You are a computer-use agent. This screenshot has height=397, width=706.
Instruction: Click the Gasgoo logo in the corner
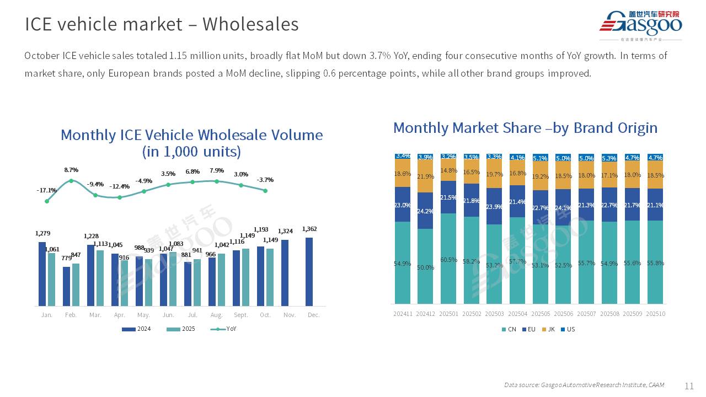[641, 25]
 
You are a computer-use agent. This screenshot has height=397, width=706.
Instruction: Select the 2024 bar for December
[309, 271]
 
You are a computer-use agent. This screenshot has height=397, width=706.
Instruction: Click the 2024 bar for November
[285, 272]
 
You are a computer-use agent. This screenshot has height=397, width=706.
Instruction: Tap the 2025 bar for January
[52, 279]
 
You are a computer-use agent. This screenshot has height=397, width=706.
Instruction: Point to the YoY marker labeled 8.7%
[71, 181]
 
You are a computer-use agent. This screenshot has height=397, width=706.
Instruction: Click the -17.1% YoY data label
[46, 190]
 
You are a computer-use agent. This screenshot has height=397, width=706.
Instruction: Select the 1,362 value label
[309, 229]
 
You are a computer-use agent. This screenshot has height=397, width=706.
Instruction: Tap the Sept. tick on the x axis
[241, 315]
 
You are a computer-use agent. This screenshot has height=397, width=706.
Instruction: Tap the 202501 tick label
[448, 314]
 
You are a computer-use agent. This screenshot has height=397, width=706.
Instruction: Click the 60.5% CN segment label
[449, 260]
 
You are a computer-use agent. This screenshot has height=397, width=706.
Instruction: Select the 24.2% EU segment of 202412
[425, 211]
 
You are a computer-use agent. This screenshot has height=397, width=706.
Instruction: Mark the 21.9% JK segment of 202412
[425, 176]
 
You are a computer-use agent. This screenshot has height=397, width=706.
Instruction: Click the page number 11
[689, 385]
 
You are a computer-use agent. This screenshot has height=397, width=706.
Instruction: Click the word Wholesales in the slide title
[250, 24]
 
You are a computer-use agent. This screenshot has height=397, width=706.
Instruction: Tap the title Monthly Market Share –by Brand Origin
[525, 128]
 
